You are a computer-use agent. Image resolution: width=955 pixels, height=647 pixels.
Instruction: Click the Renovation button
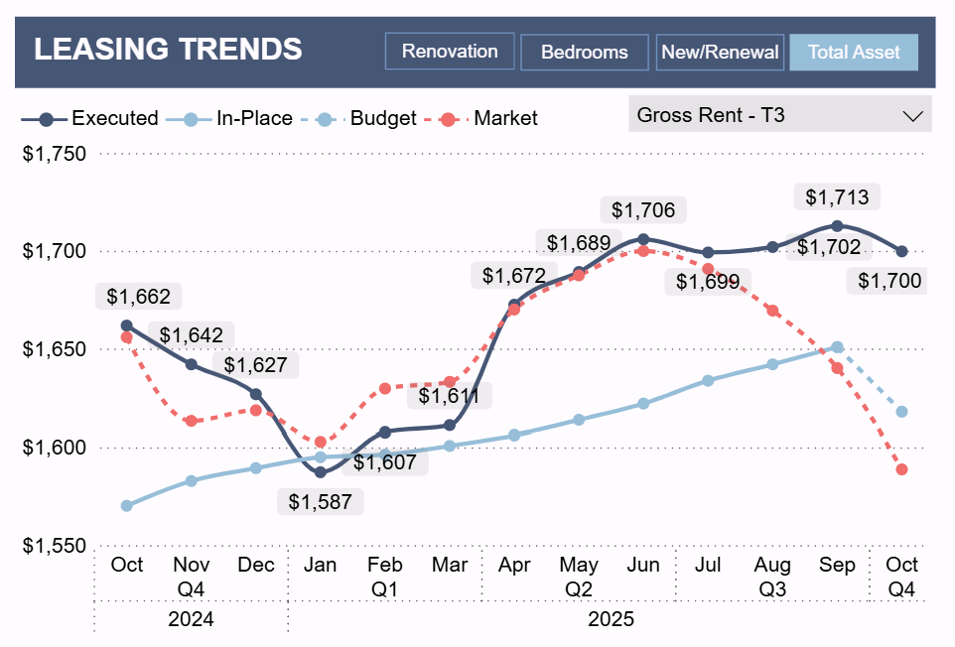pyautogui.click(x=450, y=52)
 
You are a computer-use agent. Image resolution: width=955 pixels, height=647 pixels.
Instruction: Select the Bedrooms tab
pyautogui.click(x=584, y=53)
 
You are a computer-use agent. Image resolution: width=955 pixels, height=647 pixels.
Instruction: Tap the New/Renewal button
pyautogui.click(x=720, y=53)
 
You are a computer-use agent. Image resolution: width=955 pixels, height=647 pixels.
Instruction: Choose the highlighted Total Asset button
pyautogui.click(x=854, y=53)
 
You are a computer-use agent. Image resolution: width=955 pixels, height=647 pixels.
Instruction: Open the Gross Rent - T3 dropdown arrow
pyautogui.click(x=912, y=115)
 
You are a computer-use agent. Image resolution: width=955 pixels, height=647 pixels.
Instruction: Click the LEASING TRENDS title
pyautogui.click(x=168, y=49)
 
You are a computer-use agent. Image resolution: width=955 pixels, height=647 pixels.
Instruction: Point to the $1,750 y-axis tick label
pyautogui.click(x=55, y=154)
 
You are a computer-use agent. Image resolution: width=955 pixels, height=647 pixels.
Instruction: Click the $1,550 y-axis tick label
pyautogui.click(x=55, y=546)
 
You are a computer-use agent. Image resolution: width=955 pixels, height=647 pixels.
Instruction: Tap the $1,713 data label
pyautogui.click(x=837, y=197)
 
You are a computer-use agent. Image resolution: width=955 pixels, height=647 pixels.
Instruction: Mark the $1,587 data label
pyautogui.click(x=321, y=502)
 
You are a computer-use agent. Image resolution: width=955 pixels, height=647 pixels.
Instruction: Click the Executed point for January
pyautogui.click(x=321, y=472)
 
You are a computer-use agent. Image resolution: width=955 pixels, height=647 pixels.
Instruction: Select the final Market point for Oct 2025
pyautogui.click(x=901, y=469)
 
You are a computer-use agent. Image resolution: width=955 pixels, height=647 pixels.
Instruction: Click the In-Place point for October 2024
pyautogui.click(x=126, y=506)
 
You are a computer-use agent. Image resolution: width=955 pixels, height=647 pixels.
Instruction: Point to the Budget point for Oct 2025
pyautogui.click(x=901, y=412)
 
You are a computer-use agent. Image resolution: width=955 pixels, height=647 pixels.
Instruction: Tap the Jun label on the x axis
pyautogui.click(x=643, y=565)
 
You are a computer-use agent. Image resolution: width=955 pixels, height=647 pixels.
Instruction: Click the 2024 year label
pyautogui.click(x=191, y=619)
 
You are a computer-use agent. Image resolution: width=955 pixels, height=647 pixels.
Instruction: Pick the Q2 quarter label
pyautogui.click(x=579, y=589)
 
